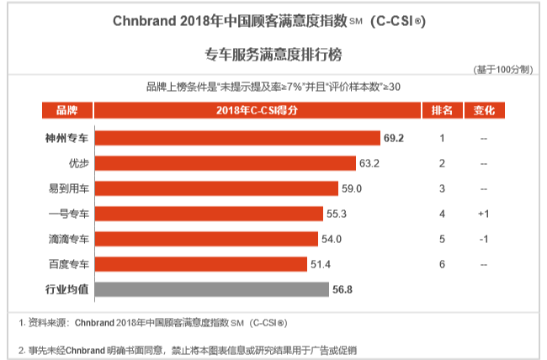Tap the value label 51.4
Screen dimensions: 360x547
[320, 264]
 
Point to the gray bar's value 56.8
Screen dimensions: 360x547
[342, 289]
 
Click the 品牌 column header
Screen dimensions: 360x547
[66, 111]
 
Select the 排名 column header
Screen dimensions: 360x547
[442, 111]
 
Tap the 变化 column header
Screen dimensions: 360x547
[484, 111]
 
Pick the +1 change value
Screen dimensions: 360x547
[484, 214]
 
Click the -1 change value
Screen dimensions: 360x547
[484, 239]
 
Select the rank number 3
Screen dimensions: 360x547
[442, 188]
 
